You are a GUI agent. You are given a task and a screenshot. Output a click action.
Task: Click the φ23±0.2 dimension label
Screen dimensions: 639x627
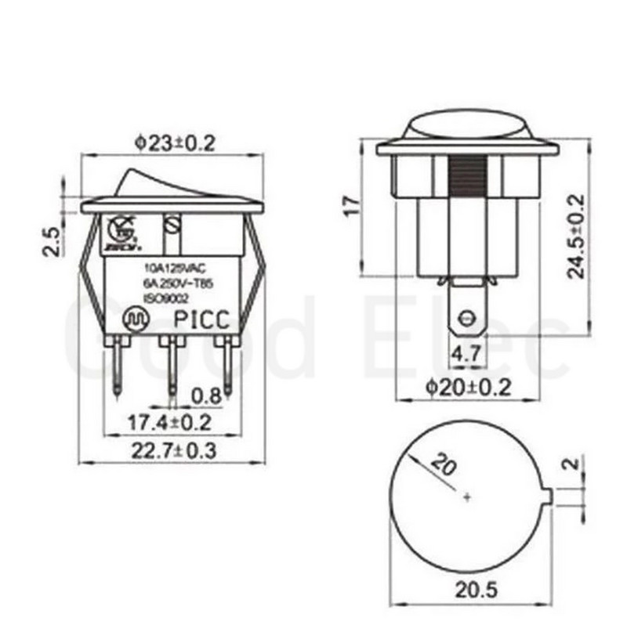(173, 143)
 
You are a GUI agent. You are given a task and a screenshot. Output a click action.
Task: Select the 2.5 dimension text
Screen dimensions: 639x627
(51, 242)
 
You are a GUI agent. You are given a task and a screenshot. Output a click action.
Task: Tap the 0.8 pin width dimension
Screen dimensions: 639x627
(206, 395)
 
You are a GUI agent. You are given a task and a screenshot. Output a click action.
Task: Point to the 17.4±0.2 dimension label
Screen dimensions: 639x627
(170, 423)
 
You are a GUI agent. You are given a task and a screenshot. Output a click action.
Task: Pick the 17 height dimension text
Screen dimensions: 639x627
(352, 205)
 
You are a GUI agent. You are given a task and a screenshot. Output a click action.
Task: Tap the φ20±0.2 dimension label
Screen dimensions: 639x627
(467, 386)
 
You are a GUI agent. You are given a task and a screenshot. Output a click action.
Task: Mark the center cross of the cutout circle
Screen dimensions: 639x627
(468, 497)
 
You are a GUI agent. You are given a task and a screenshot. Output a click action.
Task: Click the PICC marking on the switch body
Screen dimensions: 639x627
(201, 321)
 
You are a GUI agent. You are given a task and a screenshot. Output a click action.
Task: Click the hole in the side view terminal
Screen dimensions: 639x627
(467, 318)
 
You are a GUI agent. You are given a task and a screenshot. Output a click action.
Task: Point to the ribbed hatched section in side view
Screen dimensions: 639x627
(468, 179)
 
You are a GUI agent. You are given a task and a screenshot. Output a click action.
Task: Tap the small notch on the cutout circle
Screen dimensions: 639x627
(550, 496)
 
